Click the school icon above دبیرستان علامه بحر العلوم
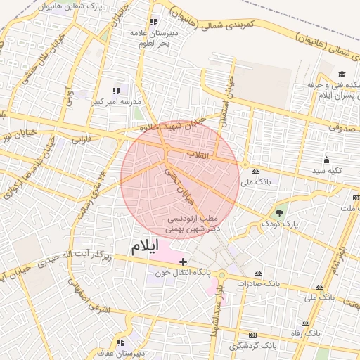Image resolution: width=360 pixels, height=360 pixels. (x=153, y=22)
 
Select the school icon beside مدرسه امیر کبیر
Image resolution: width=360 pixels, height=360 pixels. (x=117, y=91)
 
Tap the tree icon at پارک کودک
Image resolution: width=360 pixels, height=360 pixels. (x=281, y=213)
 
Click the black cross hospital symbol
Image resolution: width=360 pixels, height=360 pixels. (x=184, y=262)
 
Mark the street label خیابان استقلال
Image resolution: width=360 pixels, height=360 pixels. (x=227, y=98)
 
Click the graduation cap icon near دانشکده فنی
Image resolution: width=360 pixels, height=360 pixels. (x=342, y=74)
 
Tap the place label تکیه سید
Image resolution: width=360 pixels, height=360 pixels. (x=327, y=171)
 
